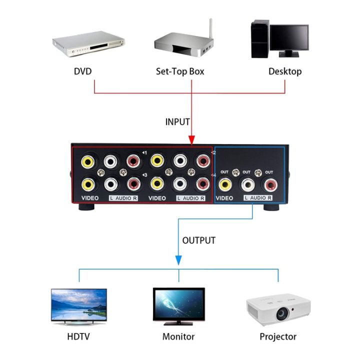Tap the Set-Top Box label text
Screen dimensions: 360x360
(180, 71)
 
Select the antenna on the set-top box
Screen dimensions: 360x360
(210, 30)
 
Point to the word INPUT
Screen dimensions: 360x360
(177, 121)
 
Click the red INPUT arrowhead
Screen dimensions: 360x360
(191, 140)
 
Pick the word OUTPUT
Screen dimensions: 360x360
(198, 240)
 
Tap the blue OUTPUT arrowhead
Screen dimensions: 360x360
(177, 261)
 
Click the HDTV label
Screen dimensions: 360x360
(79, 336)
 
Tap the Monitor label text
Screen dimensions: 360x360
(178, 336)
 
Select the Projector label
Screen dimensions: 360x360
(277, 336)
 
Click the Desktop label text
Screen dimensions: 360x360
(285, 71)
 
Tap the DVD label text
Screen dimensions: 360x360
(83, 71)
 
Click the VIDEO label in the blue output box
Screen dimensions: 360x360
(224, 198)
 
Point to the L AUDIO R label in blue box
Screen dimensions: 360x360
(258, 198)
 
